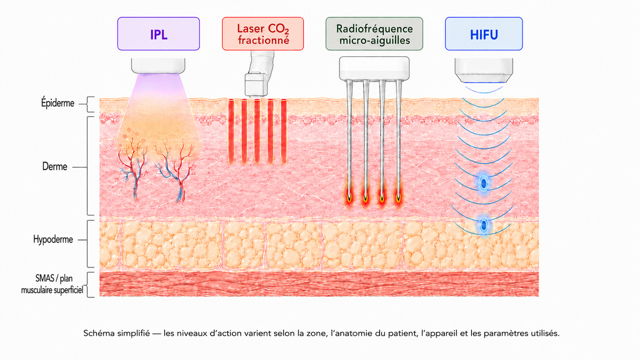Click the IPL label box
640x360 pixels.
[x=158, y=34]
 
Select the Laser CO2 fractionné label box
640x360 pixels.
[x=263, y=34]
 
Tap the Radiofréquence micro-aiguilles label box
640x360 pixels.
[x=374, y=34]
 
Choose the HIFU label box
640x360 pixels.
[x=484, y=34]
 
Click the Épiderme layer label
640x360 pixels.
[x=57, y=103]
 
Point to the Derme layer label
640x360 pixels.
[x=55, y=166]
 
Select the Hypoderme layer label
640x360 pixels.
[x=53, y=239]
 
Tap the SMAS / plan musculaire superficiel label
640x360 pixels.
[x=52, y=284]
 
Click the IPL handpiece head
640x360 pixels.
[x=158, y=66]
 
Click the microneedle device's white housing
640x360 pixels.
[x=374, y=68]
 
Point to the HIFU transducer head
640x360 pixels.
[x=484, y=70]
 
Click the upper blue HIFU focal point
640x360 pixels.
[x=484, y=184]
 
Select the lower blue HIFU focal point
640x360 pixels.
[x=484, y=225]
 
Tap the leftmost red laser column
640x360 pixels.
[x=231, y=131]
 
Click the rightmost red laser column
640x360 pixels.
[x=284, y=131]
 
